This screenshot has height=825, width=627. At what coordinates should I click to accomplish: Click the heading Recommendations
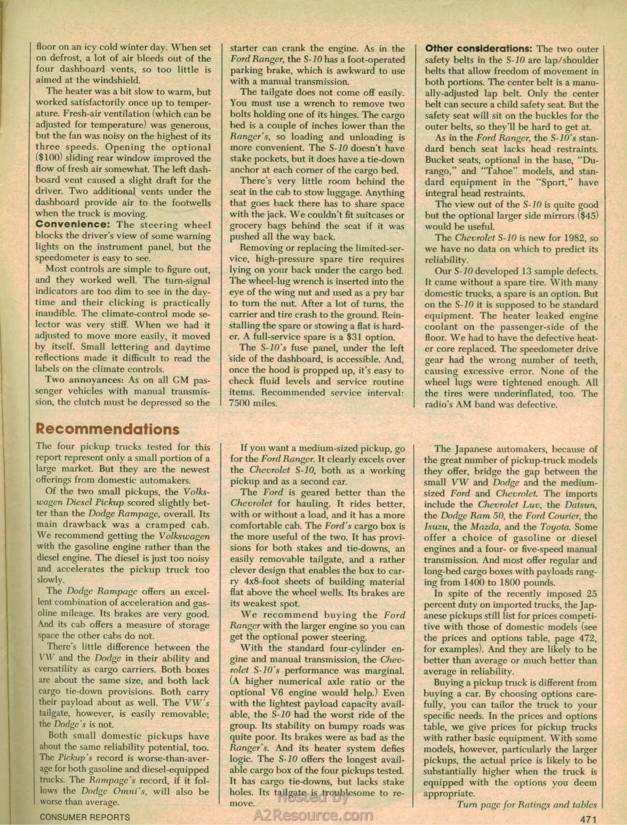[108, 429]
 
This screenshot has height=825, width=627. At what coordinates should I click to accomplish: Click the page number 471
[588, 818]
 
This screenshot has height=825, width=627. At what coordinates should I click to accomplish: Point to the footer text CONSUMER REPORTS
[84, 817]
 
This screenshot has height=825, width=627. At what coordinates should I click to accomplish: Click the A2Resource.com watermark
[314, 815]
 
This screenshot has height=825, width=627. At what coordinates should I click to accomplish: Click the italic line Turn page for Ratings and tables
[527, 804]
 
